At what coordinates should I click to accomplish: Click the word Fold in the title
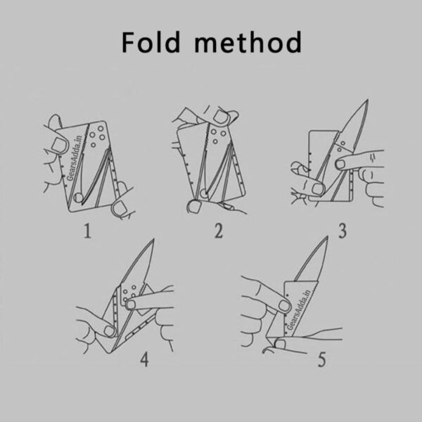tap(151, 42)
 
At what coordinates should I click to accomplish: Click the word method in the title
tap(248, 42)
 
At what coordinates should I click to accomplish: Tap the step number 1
tap(87, 231)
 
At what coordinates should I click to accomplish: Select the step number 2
tap(219, 231)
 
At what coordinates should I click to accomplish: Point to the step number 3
tap(343, 231)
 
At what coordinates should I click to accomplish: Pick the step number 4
tap(144, 359)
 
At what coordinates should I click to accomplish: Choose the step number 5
tap(321, 359)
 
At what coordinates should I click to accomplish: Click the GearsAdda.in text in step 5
tap(300, 309)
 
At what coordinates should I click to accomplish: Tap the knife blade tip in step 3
tap(367, 100)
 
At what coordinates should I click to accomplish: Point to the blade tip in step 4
tap(153, 239)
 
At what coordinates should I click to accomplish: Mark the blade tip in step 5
tap(328, 237)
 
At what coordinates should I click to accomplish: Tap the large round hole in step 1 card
tap(78, 198)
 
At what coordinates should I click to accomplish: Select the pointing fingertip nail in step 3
tap(340, 164)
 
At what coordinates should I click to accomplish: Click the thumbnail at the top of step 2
tap(221, 117)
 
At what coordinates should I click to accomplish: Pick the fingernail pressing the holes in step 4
tap(131, 305)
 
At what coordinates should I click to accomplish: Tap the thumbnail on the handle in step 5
tap(283, 305)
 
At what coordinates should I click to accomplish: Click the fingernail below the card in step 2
tap(194, 207)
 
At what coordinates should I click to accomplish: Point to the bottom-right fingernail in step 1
tap(119, 208)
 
